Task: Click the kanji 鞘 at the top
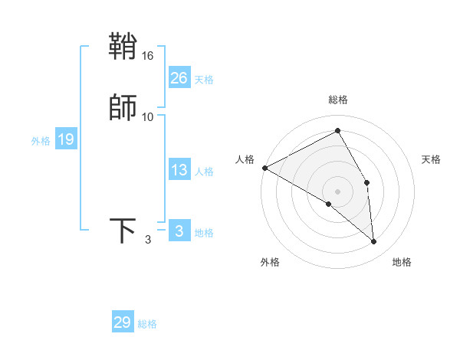[x=123, y=47]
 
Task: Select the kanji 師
[x=123, y=107]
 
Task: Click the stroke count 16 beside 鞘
[x=148, y=56]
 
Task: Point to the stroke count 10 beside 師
[x=148, y=116]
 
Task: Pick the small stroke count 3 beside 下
[x=148, y=240]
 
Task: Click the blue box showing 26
[x=179, y=78]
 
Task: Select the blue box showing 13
[x=179, y=170]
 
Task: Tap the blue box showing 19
[x=66, y=139]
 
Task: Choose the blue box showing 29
[x=123, y=322]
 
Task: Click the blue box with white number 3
[x=179, y=231]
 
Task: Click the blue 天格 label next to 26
[x=204, y=80]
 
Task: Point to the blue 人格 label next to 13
[x=204, y=172]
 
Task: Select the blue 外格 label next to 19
[x=41, y=141]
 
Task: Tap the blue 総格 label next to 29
[x=147, y=324]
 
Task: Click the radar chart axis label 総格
[x=338, y=100]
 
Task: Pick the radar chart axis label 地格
[x=402, y=262]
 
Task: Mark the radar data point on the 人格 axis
[x=264, y=168]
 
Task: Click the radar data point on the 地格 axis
[x=373, y=241]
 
